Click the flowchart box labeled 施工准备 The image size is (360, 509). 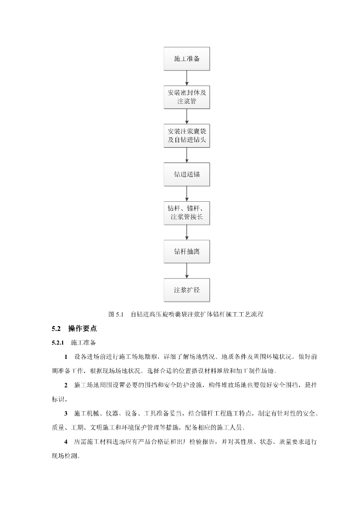tap(187, 59)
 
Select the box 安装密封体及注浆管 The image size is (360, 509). tap(187, 97)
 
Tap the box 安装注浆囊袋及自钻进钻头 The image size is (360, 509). tap(187, 136)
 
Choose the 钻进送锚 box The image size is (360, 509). tap(187, 174)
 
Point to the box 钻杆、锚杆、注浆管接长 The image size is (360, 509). tap(187, 213)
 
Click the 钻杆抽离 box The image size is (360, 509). tap(187, 251)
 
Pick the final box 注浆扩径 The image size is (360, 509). tap(187, 289)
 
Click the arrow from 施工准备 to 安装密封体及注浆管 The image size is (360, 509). tap(187, 78)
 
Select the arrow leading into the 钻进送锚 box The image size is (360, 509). tap(187, 155)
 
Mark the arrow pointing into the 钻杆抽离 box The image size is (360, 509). tap(187, 232)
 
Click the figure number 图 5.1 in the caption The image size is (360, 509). tap(115, 314)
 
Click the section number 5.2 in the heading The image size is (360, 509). tap(56, 329)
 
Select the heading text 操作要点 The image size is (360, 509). tap(83, 329)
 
